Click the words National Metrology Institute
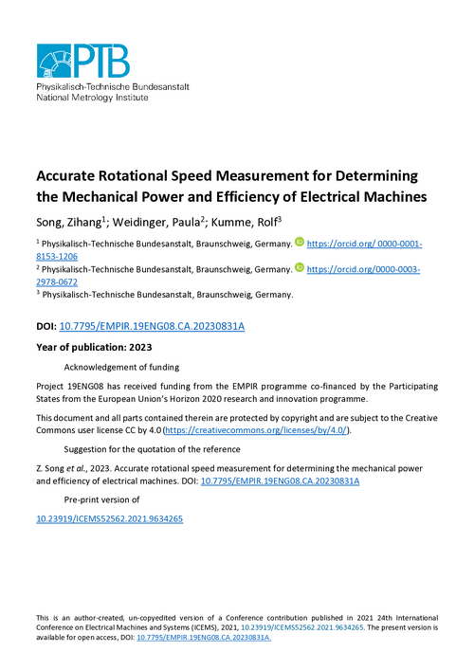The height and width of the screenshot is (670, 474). [91, 97]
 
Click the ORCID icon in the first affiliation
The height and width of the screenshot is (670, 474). [300, 244]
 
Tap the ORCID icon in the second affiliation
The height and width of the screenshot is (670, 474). [300, 268]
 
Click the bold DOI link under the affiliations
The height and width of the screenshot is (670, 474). [152, 326]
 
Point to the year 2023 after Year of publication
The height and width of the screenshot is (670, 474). [158, 347]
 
